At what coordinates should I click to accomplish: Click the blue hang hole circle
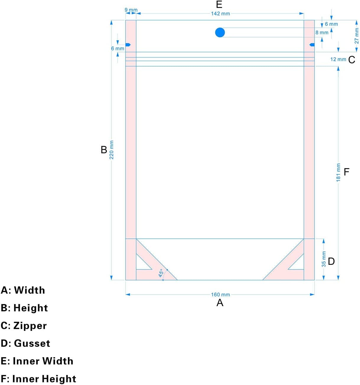pyautogui.click(x=220, y=33)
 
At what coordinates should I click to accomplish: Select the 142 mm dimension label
pyautogui.click(x=220, y=14)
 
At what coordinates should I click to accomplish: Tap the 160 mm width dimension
pyautogui.click(x=220, y=295)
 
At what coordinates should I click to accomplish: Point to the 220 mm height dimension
pyautogui.click(x=112, y=150)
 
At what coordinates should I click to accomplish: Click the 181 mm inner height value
pyautogui.click(x=338, y=172)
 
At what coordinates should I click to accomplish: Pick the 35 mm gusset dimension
pyautogui.click(x=324, y=259)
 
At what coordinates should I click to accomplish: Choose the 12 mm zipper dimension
pyautogui.click(x=338, y=59)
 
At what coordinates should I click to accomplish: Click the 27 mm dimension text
pyautogui.click(x=357, y=36)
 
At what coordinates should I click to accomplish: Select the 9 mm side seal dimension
pyautogui.click(x=131, y=10)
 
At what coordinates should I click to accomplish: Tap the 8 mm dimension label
pyautogui.click(x=322, y=33)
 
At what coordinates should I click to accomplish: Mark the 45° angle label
pyautogui.click(x=161, y=273)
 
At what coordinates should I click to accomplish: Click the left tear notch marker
pyautogui.click(x=128, y=45)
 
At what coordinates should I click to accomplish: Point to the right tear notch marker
pyautogui.click(x=312, y=45)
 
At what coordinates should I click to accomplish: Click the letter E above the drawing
pyautogui.click(x=219, y=4)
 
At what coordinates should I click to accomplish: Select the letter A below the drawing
pyautogui.click(x=220, y=303)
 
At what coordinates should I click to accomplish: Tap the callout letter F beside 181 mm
pyautogui.click(x=347, y=172)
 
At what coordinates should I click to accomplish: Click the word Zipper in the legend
pyautogui.click(x=30, y=326)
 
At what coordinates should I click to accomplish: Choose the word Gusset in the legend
pyautogui.click(x=32, y=343)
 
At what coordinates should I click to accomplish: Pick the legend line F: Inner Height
pyautogui.click(x=38, y=379)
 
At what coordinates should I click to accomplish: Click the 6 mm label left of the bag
pyautogui.click(x=118, y=48)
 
